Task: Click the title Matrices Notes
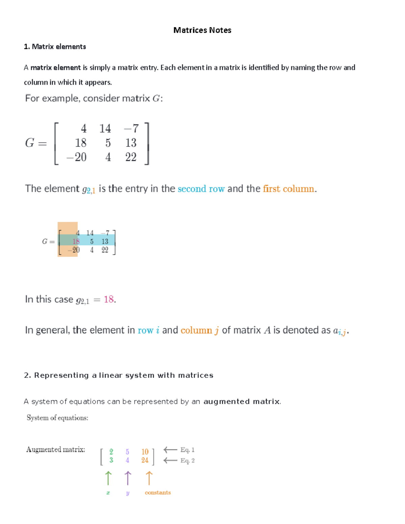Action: click(x=202, y=30)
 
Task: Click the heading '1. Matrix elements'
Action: click(x=55, y=47)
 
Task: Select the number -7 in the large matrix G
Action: click(x=131, y=129)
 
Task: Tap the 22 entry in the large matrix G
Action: click(x=131, y=157)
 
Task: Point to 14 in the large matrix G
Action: click(x=105, y=129)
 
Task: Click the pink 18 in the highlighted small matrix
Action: click(x=76, y=241)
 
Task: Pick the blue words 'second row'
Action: click(x=201, y=189)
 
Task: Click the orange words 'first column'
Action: click(x=289, y=189)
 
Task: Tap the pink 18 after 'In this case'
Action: click(x=109, y=299)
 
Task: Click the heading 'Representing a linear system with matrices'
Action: click(x=119, y=375)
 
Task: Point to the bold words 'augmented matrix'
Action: click(x=242, y=402)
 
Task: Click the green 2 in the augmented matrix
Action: click(x=111, y=451)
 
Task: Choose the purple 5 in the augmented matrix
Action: click(x=127, y=451)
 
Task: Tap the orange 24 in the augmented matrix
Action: click(x=145, y=460)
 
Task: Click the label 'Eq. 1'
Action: click(x=187, y=450)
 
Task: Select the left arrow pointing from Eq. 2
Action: click(x=170, y=460)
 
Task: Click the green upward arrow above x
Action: click(x=108, y=478)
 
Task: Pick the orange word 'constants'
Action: click(x=158, y=493)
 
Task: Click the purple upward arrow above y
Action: click(x=128, y=478)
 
